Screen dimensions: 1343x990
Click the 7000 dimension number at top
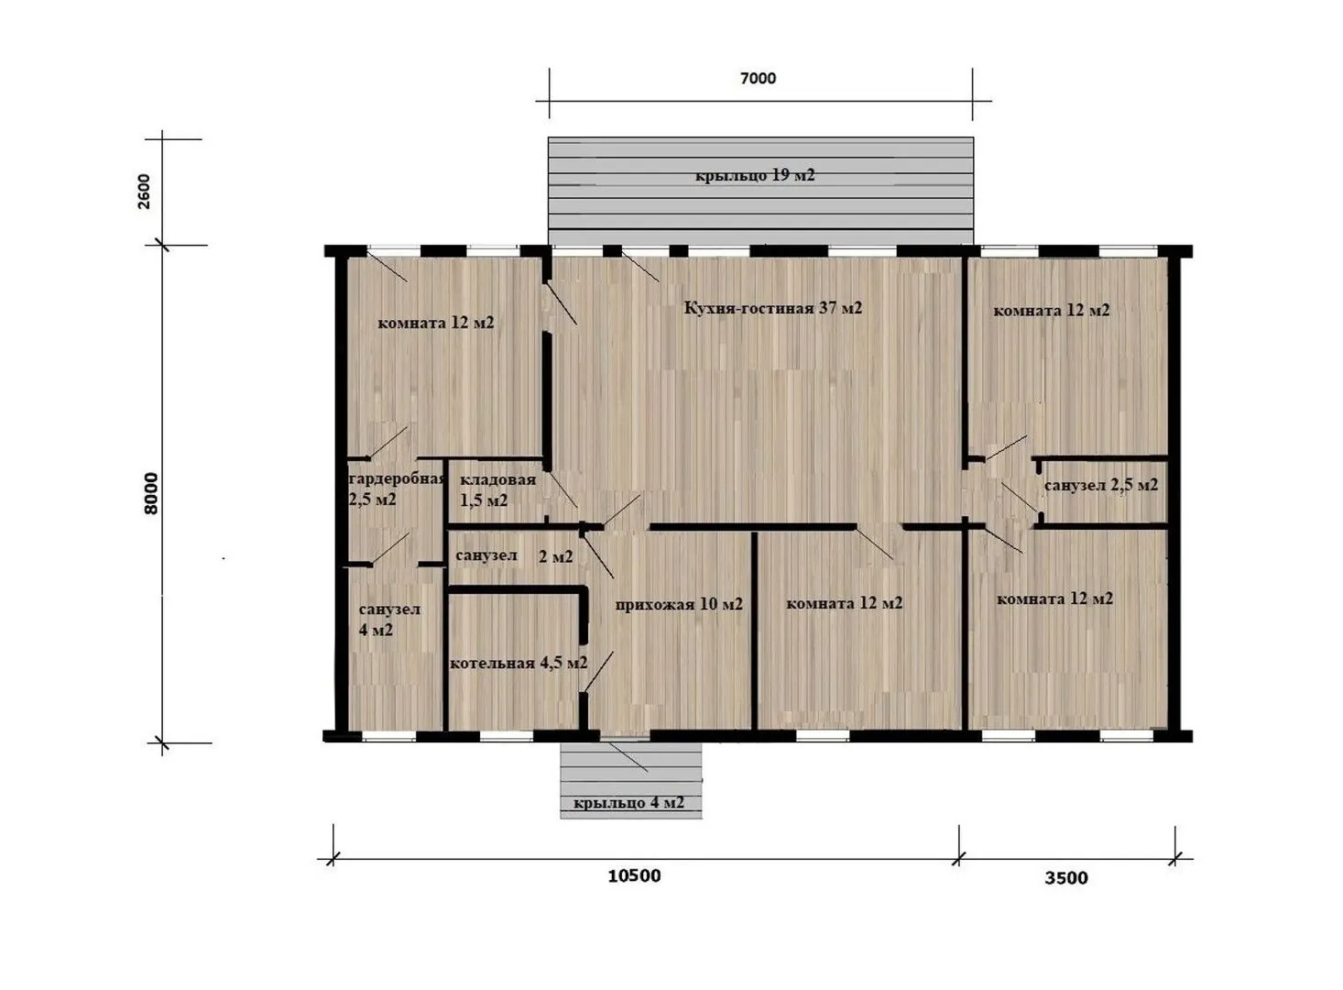(758, 79)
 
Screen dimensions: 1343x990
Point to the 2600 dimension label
(145, 192)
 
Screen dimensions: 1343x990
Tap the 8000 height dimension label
(151, 494)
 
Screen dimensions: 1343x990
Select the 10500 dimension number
(634, 876)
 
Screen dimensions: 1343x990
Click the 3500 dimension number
(1066, 878)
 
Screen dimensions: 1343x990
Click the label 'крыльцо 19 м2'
(755, 176)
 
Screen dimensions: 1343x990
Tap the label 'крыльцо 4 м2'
(629, 803)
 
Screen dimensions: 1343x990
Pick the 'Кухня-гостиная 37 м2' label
(773, 308)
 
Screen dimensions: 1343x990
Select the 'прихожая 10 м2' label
(679, 604)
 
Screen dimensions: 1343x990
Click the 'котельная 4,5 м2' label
(518, 663)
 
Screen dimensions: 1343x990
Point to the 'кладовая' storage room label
(498, 480)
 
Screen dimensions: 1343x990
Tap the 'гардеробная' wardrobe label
(398, 479)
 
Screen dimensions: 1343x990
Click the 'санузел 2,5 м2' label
(1101, 485)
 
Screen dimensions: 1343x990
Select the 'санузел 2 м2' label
(514, 556)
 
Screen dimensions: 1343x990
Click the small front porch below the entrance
(630, 781)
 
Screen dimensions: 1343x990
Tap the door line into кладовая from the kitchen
(562, 489)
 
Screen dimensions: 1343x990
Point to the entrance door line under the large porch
(639, 267)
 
